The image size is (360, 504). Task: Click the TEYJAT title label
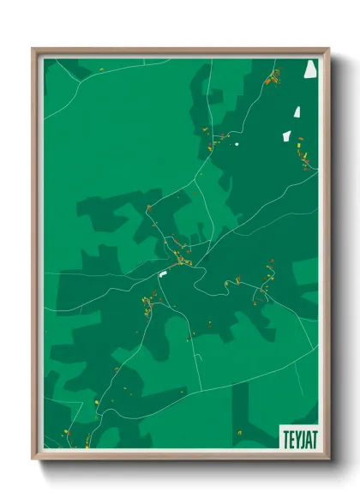[297, 436]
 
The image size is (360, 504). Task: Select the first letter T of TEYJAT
[283, 436]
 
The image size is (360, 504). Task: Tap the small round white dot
[237, 142]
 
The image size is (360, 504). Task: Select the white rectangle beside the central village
[162, 274]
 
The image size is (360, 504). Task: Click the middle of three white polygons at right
[297, 111]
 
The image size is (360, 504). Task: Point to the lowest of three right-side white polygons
[287, 135]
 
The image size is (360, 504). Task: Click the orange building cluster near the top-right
[273, 81]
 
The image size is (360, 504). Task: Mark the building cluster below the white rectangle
[147, 304]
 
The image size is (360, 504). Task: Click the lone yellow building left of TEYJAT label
[239, 431]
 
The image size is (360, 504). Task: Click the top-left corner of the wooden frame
[33, 50]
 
